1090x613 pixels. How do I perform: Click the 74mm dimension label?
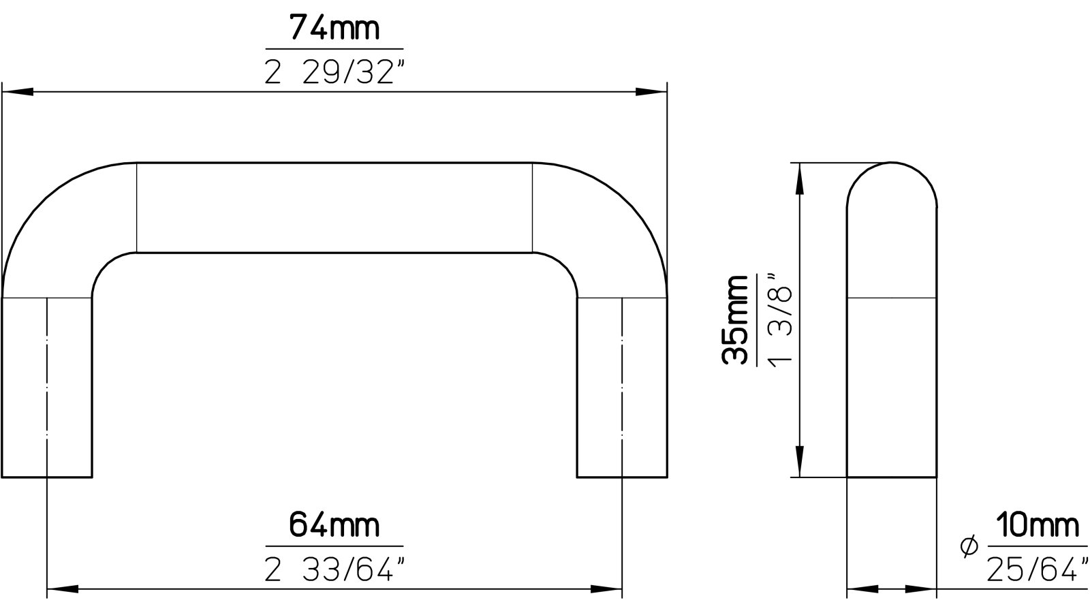pos(334,29)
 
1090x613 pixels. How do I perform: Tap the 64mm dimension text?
pos(334,526)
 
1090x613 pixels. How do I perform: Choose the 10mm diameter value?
pos(1037,526)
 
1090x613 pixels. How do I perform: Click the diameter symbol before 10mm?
pos(968,546)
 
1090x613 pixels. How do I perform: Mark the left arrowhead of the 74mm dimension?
pos(18,92)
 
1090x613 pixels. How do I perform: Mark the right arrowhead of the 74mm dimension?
pos(651,92)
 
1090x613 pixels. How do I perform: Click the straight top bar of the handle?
pos(334,208)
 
